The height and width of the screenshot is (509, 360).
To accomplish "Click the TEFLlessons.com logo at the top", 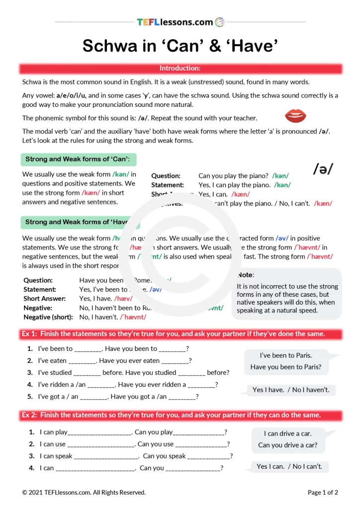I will (x=180, y=22).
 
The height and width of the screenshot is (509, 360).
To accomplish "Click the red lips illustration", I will (x=294, y=116).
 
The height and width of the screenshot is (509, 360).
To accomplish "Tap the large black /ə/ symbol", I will (x=323, y=169).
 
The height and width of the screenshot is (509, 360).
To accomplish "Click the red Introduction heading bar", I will (x=180, y=68).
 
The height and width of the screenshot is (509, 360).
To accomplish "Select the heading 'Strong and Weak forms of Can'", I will (x=78, y=159).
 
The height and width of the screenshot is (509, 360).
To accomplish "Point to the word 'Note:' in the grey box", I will (x=246, y=275).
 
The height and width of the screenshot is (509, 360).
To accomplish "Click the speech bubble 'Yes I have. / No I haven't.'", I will (x=291, y=390).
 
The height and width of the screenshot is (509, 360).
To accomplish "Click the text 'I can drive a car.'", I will (x=287, y=433).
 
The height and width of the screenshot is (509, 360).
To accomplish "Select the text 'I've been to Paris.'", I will (x=286, y=355).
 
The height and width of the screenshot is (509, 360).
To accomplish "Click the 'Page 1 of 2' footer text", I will (x=323, y=493).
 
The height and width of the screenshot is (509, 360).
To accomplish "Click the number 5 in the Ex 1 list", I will (x=30, y=396).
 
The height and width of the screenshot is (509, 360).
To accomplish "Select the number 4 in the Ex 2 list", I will (x=32, y=468).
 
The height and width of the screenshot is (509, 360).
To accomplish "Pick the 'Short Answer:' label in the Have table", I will (x=44, y=299).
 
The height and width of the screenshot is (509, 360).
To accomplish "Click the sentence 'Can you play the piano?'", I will (x=233, y=176).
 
